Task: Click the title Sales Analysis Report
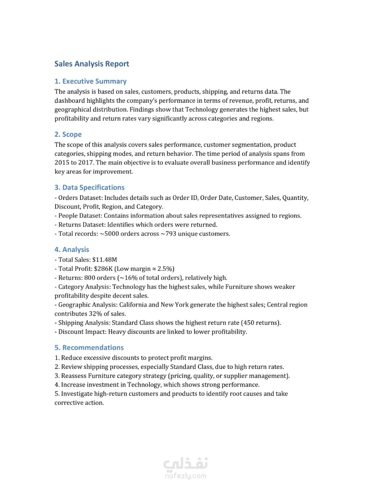[92, 64]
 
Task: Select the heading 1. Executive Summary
[90, 81]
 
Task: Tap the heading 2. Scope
[68, 134]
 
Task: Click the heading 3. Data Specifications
[89, 187]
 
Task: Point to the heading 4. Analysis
[72, 250]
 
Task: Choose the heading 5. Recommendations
[89, 348]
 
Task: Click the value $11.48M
[105, 259]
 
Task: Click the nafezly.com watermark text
[185, 476]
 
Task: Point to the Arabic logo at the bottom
[185, 464]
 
